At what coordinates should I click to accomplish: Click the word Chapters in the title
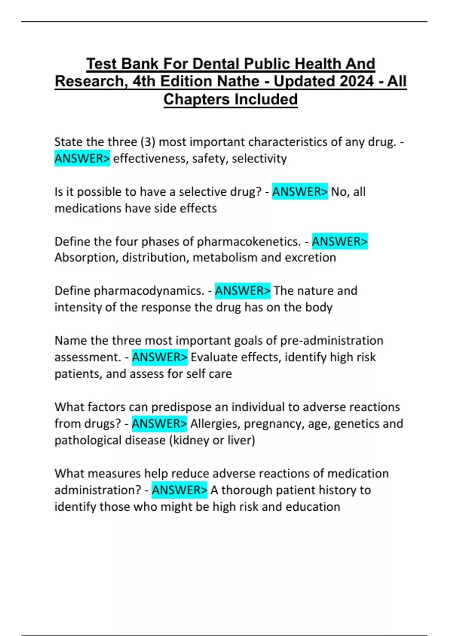pos(196,100)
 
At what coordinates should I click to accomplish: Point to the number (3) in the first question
pos(148,142)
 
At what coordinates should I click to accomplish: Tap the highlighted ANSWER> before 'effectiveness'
pos(82,159)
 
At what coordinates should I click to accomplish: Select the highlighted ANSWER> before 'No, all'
pos(300,192)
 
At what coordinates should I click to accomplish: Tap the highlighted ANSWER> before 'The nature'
pos(242,291)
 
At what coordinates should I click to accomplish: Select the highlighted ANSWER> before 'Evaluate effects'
pos(159,357)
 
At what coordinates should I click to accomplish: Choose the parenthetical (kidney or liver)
pos(212,440)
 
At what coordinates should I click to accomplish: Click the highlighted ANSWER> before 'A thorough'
pos(179,490)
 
